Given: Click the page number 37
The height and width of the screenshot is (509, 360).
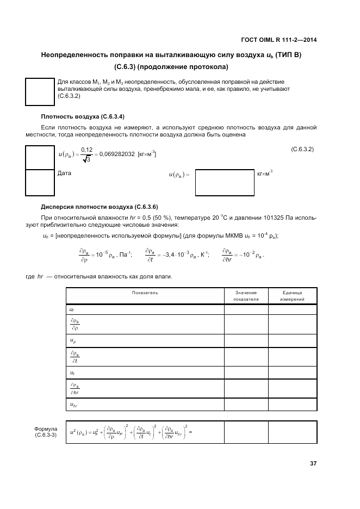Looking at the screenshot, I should coord(313,464).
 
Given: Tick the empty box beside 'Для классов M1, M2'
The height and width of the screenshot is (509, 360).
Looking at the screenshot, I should coord(40,91).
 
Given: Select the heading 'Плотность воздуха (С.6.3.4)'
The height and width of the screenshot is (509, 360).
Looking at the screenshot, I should coord(83,116).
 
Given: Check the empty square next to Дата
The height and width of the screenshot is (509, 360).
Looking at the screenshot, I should coord(40,182).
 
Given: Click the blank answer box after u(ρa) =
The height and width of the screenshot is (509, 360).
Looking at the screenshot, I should coord(224,182).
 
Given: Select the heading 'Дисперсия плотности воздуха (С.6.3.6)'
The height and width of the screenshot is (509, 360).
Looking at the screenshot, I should coord(100,207).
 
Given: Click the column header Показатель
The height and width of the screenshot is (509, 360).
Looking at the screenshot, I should coord(145,293).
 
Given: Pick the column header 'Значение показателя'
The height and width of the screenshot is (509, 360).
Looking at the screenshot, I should coord(246,296).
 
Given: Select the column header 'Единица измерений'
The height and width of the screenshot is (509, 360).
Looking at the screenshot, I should coord(292,296).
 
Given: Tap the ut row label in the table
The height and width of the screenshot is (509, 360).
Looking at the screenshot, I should coord(72,373).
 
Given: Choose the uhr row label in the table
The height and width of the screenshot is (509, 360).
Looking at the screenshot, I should coord(74,405).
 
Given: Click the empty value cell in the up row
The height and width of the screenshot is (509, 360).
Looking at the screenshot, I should coord(246,341).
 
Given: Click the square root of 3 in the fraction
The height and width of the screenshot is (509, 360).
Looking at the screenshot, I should coord(86,159).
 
